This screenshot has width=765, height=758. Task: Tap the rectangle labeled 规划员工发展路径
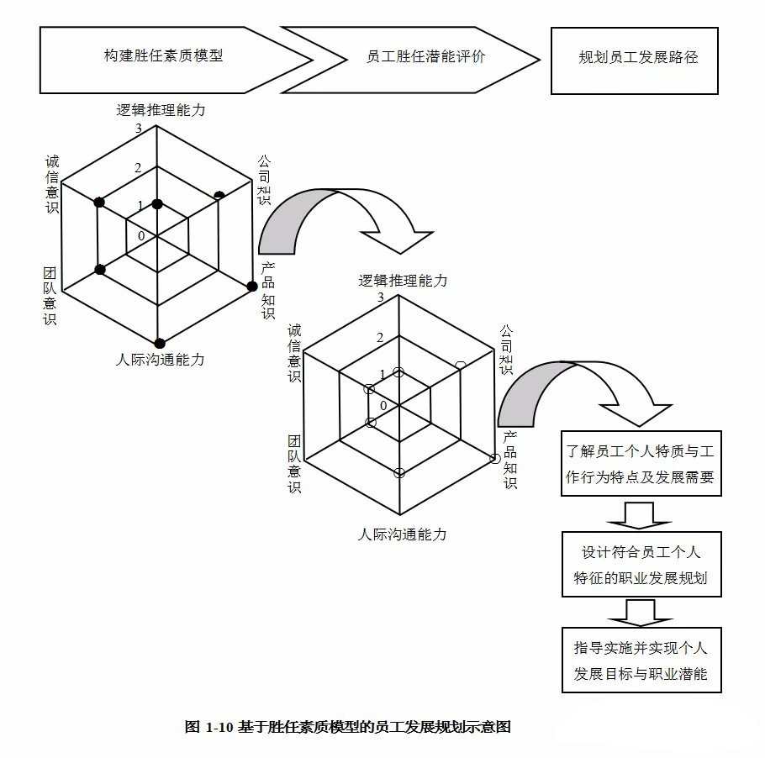(635, 61)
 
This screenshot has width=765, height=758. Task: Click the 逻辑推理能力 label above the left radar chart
(161, 110)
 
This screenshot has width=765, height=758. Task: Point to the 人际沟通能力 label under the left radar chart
(160, 360)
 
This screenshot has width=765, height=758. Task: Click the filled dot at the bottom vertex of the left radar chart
(160, 344)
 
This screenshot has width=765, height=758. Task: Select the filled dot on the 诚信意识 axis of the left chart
(99, 202)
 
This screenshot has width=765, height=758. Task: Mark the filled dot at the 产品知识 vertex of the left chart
(251, 287)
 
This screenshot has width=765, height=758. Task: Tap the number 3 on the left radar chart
(139, 129)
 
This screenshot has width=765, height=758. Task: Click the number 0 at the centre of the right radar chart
(383, 406)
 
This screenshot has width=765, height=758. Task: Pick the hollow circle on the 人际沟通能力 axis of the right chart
(399, 472)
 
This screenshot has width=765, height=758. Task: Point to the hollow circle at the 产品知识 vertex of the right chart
(494, 459)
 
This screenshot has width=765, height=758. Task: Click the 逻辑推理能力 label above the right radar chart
(403, 281)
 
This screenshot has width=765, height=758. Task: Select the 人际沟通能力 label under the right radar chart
(402, 534)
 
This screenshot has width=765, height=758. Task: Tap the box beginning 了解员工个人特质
(641, 463)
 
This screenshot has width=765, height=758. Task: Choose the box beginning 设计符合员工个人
(641, 565)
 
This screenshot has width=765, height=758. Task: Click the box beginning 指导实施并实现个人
(641, 660)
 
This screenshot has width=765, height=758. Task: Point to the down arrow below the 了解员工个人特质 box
(639, 515)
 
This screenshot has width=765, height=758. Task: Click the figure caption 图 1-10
(347, 727)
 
